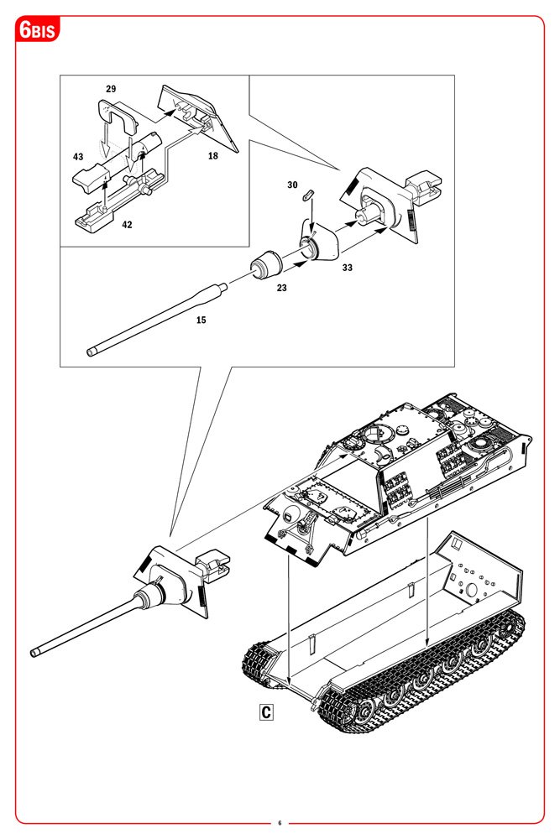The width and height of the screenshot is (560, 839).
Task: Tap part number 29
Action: (x=111, y=88)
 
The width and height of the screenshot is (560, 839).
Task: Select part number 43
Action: (x=78, y=157)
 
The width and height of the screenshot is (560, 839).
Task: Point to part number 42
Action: (x=126, y=224)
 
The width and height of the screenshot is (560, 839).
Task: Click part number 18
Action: (x=213, y=156)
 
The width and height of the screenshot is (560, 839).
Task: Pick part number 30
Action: (x=292, y=184)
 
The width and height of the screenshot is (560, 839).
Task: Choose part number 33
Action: (x=347, y=268)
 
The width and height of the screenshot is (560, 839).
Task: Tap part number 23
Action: (x=282, y=287)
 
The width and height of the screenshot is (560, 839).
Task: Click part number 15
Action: (x=201, y=320)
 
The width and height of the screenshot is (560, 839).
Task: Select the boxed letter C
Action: (x=265, y=713)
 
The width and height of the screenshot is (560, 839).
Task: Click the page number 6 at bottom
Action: (x=280, y=822)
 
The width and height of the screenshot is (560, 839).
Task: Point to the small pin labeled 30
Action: (x=308, y=193)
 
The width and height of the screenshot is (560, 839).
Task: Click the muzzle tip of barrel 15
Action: (x=92, y=352)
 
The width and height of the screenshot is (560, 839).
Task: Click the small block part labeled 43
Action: (x=90, y=176)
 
